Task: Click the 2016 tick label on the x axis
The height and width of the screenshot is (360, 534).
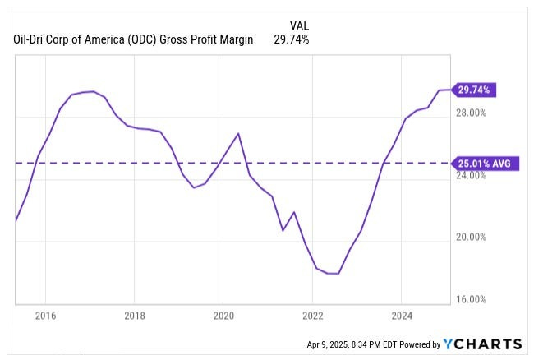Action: (x=45, y=315)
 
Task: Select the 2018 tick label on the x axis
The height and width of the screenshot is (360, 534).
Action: (x=135, y=315)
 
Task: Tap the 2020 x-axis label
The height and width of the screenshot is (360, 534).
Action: (x=223, y=315)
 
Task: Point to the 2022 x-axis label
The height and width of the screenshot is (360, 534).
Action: (x=313, y=315)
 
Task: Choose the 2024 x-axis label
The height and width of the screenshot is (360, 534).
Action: (x=402, y=315)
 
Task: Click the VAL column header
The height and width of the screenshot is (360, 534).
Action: (x=300, y=25)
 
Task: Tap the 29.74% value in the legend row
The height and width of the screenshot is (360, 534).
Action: (x=291, y=39)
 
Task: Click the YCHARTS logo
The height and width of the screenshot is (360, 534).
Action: (x=481, y=344)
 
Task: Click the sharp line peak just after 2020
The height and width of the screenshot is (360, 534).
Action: (x=238, y=133)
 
